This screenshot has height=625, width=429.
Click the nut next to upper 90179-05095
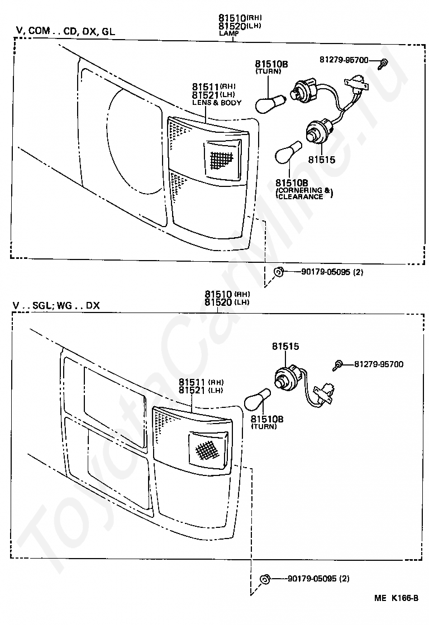[x=278, y=272]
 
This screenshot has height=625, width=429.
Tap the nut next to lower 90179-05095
[x=265, y=579]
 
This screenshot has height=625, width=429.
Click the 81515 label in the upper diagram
[x=321, y=160]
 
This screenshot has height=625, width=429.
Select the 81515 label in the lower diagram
[x=285, y=347]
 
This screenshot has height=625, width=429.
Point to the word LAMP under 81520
[x=228, y=33]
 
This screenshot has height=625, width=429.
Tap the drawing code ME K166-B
[x=396, y=598]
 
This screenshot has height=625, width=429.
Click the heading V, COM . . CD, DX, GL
[x=65, y=31]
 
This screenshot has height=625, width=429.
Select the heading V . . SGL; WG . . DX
[x=56, y=306]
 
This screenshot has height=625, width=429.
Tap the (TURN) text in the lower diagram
[x=264, y=426]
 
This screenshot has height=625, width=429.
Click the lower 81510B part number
[x=267, y=419]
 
